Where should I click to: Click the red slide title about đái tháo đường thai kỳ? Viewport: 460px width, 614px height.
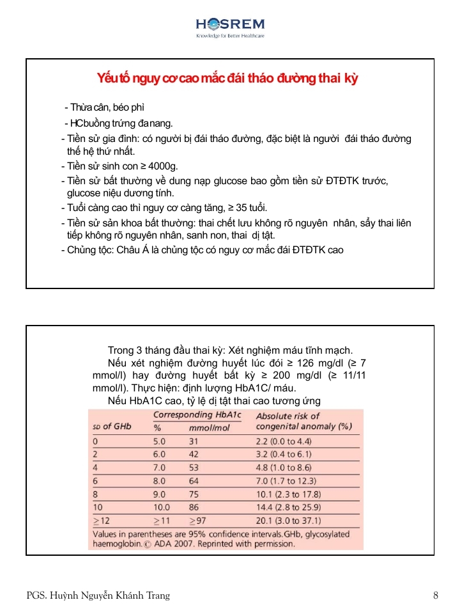(227, 79)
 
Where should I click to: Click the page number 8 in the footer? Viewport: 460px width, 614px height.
(435, 595)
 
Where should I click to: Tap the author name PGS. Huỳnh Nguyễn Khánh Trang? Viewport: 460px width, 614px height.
(98, 595)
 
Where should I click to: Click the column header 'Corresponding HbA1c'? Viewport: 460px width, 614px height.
(197, 414)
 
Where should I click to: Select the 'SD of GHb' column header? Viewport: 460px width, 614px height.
(112, 426)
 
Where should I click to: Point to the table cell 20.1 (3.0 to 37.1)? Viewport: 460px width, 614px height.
(289, 521)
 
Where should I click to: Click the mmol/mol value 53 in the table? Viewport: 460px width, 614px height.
(194, 468)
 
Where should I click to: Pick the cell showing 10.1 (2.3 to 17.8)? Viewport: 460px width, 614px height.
(289, 494)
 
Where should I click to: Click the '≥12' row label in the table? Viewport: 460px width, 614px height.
(102, 521)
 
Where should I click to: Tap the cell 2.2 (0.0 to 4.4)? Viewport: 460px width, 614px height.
(284, 441)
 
